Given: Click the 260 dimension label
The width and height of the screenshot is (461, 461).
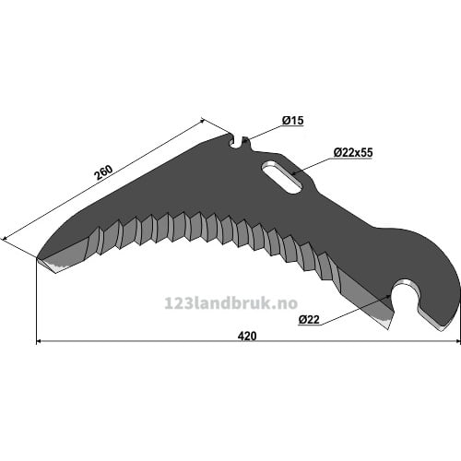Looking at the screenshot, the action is (103, 172).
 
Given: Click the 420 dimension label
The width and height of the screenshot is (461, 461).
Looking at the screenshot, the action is (247, 336).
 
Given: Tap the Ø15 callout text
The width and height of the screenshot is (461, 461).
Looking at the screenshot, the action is (292, 121).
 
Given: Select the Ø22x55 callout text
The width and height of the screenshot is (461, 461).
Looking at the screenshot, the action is (353, 152).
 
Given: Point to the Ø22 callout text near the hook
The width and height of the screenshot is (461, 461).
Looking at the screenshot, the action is (309, 320).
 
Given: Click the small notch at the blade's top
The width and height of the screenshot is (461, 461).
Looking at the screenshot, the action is (239, 142).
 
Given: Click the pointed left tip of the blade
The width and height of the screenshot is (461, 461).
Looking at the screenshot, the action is (38, 257).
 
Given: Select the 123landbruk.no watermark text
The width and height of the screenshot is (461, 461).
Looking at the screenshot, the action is (231, 303).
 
